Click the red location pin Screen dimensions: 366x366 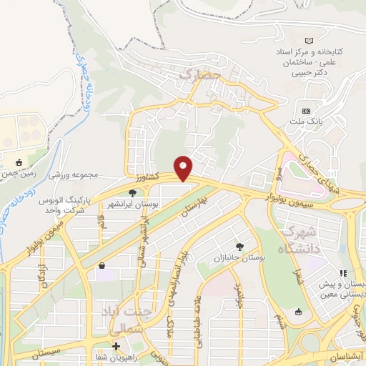click(184, 168)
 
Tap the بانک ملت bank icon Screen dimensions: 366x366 click(306, 111)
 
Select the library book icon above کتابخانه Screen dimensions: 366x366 click(309, 41)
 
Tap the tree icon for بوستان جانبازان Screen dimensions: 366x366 click(239, 246)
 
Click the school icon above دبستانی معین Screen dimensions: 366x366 click(343, 272)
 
